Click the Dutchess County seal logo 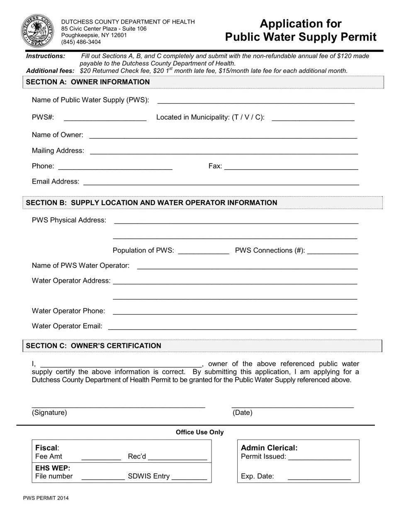[x=37, y=30]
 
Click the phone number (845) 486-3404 [x=81, y=42]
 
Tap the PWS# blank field [x=105, y=117]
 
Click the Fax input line [x=291, y=166]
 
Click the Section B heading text [x=151, y=203]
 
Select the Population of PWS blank [x=203, y=250]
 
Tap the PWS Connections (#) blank [x=333, y=250]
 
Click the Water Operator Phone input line [x=235, y=311]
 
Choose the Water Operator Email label [x=67, y=326]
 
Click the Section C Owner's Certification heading [x=93, y=346]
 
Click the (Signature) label [x=49, y=413]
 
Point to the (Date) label [x=242, y=413]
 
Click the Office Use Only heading [x=199, y=432]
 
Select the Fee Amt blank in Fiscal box [x=101, y=457]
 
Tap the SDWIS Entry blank [x=189, y=476]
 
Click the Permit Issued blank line [x=319, y=457]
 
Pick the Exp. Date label [x=257, y=476]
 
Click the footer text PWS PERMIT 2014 [x=46, y=498]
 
